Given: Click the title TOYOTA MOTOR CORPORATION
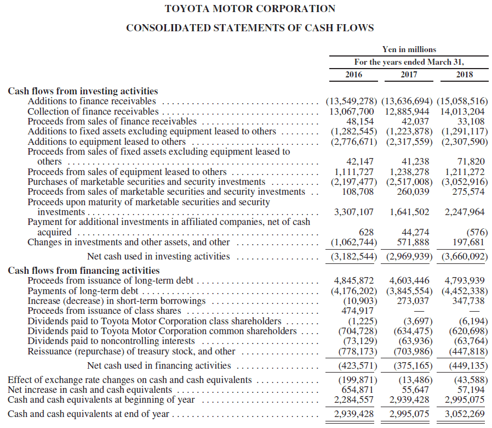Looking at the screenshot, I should pos(250,9).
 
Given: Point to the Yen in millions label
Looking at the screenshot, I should pos(409,49).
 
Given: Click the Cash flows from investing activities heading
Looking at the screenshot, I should pos(83,91).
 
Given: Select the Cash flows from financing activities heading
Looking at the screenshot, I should pos(84,271).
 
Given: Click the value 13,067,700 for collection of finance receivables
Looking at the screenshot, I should pos(351,111).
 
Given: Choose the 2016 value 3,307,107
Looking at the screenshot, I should pos(354,212).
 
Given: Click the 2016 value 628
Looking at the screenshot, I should pos(366,232).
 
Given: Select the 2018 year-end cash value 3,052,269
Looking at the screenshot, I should pos(465,414).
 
